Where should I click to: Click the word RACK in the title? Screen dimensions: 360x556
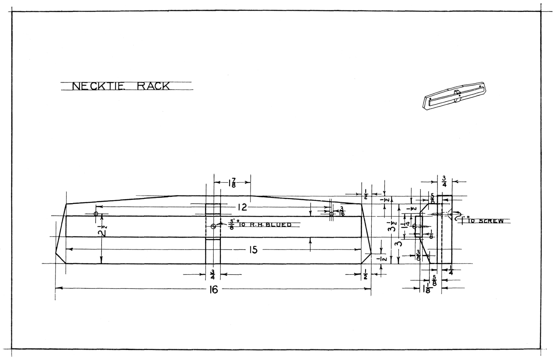tap(153, 86)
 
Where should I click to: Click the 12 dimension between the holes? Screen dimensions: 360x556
tap(242, 207)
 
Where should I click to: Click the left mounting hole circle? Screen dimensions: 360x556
tap(96, 214)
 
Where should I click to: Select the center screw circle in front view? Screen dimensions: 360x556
tap(213, 226)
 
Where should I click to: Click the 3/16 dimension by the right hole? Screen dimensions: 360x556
tap(341, 213)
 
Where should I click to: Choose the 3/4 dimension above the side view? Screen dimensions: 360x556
tap(444, 182)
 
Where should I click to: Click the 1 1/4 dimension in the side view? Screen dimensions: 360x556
tap(407, 227)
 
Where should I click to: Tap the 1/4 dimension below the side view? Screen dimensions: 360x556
tap(451, 270)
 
